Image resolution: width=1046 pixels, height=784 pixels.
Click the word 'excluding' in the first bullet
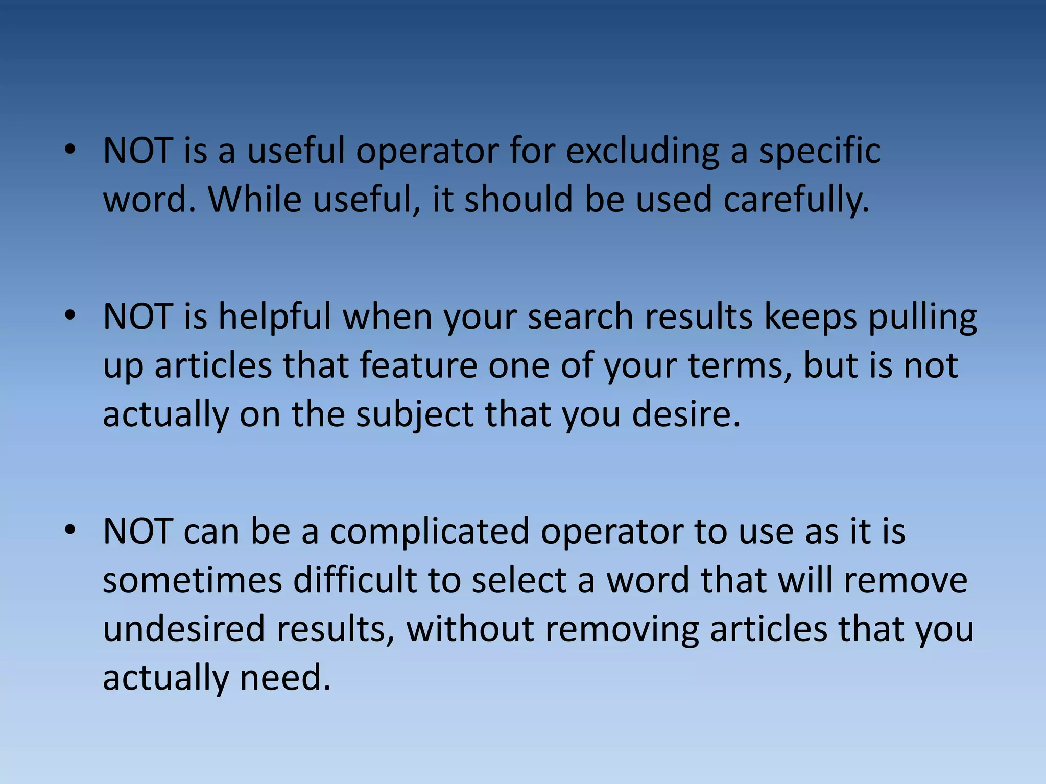(x=642, y=152)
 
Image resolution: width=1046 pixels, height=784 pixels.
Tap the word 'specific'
(x=819, y=152)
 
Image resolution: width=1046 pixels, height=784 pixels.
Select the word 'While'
(x=254, y=200)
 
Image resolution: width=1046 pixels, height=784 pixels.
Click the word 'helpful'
(x=275, y=317)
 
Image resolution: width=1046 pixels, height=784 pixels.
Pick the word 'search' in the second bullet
(x=580, y=317)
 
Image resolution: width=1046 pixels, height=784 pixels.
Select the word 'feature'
(x=418, y=366)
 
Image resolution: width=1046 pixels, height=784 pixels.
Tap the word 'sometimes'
(x=193, y=580)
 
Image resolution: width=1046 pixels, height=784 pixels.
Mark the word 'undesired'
(x=184, y=629)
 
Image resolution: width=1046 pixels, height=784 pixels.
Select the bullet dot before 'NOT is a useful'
(x=70, y=151)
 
